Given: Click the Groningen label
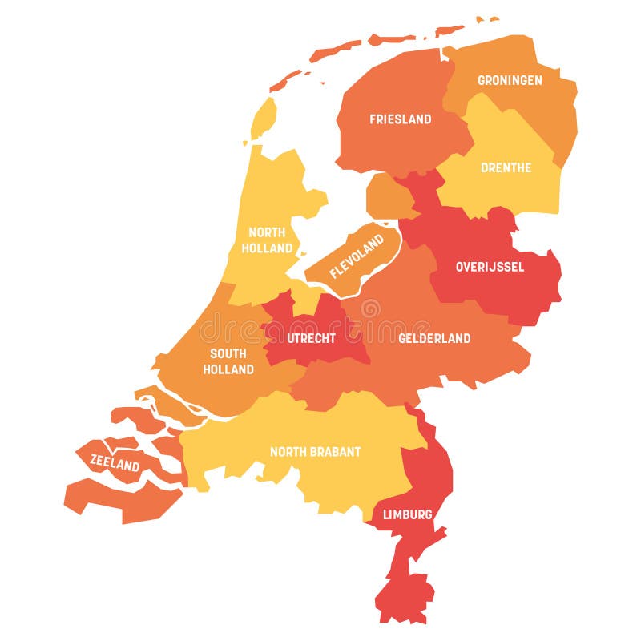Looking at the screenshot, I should click(x=510, y=80).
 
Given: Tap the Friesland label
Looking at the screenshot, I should click(x=400, y=119).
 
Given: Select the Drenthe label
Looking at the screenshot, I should click(x=506, y=167).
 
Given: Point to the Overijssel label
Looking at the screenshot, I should click(x=490, y=267).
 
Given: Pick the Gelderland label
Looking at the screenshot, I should click(x=434, y=338).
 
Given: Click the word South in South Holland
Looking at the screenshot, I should click(x=228, y=354).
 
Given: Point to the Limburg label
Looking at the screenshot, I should click(x=407, y=514).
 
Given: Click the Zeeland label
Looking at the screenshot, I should click(x=115, y=463).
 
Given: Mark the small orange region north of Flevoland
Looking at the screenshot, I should click(x=386, y=196).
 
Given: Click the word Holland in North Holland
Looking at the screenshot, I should click(x=267, y=248).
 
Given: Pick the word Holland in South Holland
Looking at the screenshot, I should click(x=228, y=369).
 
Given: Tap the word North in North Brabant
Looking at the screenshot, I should click(x=285, y=452).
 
